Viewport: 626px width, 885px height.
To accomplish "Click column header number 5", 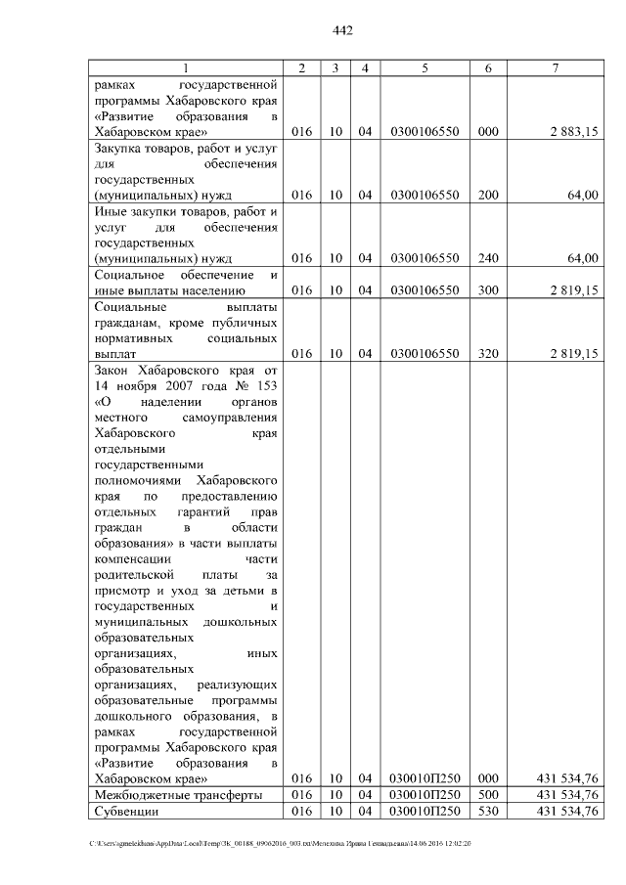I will point(425,67).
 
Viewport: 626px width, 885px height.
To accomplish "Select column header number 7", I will point(556,67).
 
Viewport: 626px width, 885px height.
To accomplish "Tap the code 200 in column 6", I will point(488,196).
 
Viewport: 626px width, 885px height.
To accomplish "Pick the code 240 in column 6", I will point(488,259).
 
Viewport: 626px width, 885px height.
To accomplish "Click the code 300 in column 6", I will point(488,290).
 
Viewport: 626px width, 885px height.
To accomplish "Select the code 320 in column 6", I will point(488,354).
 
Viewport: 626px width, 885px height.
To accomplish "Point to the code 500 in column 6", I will point(488,795).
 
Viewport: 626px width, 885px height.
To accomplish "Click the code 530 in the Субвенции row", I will point(488,812).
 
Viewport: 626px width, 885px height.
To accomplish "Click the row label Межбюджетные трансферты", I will point(178,795).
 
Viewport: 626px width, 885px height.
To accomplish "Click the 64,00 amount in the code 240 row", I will point(583,259).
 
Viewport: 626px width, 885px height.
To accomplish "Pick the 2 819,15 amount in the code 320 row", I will point(573,354).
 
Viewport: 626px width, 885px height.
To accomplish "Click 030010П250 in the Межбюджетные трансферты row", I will point(425,795).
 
